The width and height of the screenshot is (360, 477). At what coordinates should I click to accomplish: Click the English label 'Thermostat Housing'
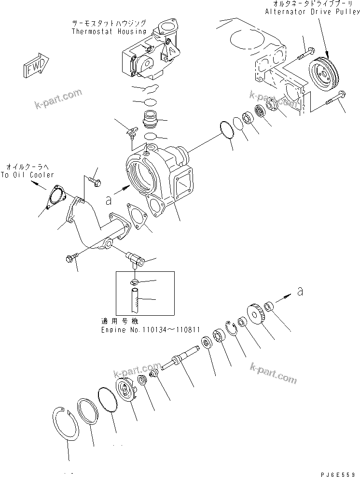coord(109,31)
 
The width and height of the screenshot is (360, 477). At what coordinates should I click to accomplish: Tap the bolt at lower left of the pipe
coord(72,259)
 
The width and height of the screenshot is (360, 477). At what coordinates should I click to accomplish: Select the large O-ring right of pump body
coord(225,129)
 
